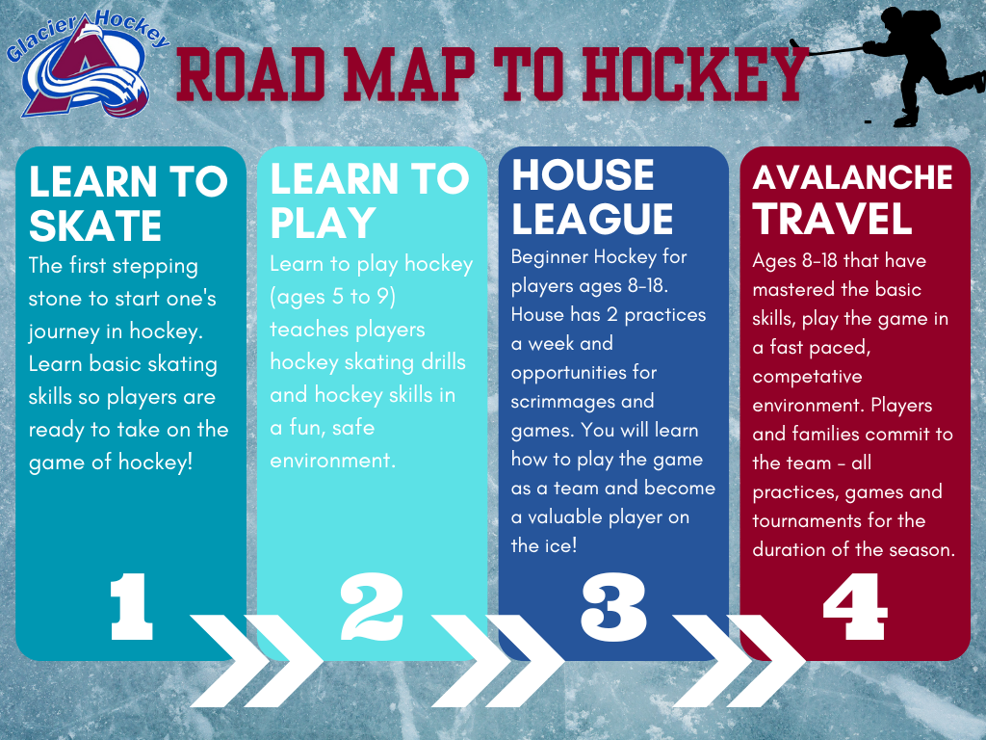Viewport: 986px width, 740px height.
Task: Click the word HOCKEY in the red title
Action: click(x=694, y=74)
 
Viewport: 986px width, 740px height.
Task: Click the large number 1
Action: click(x=131, y=607)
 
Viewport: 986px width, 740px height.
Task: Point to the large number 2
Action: click(x=372, y=607)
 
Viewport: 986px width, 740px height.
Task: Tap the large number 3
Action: click(x=613, y=607)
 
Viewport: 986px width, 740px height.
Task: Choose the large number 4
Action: click(x=855, y=607)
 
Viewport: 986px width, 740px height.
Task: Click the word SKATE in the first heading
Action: click(x=95, y=226)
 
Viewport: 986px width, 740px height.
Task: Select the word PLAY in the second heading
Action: click(x=324, y=223)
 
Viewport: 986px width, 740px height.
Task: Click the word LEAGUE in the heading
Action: click(x=592, y=219)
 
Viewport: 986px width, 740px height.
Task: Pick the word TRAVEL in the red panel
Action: click(x=833, y=219)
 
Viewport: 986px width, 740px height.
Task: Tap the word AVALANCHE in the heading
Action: click(x=853, y=177)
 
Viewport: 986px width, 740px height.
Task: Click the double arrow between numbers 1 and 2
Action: click(x=256, y=661)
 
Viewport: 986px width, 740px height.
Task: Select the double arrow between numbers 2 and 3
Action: click(x=498, y=661)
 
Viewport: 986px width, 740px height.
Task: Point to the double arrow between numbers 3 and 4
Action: click(x=739, y=661)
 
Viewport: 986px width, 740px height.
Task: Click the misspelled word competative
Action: click(x=808, y=377)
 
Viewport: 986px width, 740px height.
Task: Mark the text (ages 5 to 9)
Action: click(x=332, y=297)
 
